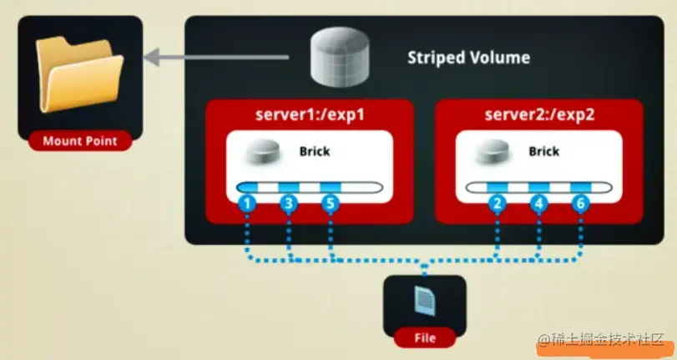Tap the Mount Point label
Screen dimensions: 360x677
point(80,141)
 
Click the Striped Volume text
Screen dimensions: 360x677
point(467,58)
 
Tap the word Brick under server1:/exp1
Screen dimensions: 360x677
point(314,152)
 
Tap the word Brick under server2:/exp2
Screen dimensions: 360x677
point(543,152)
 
